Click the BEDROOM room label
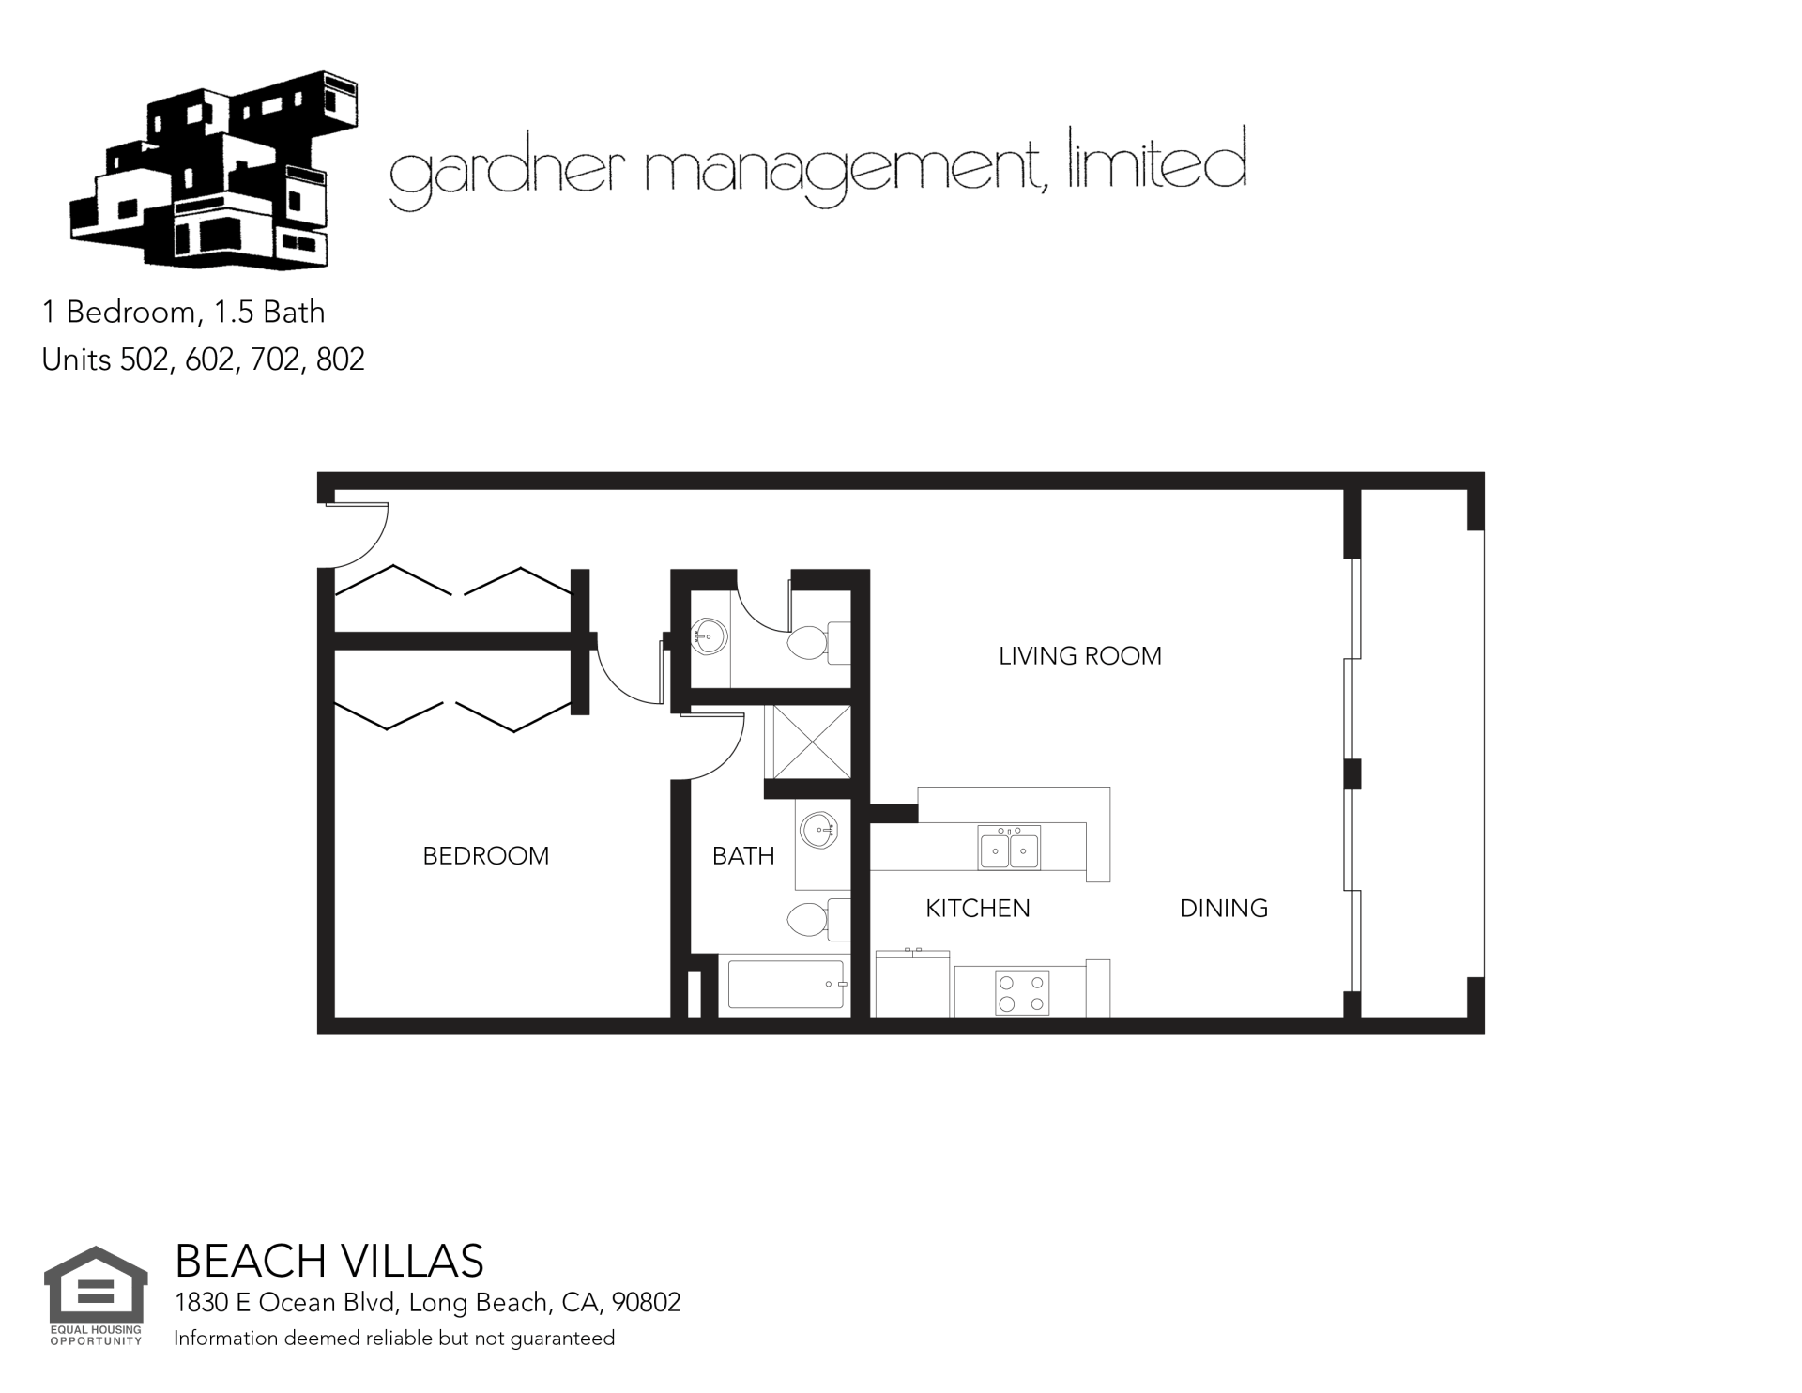[x=485, y=855]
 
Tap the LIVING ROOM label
[x=1080, y=655]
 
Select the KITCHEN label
[x=978, y=908]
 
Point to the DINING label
[x=1224, y=908]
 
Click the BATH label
[x=743, y=855]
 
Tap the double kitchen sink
[x=1009, y=849]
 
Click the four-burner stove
[x=1022, y=993]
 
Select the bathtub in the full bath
[x=786, y=985]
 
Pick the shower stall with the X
[x=808, y=742]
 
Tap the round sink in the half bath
[x=709, y=636]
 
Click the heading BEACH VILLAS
[x=329, y=1261]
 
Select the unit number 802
[x=341, y=360]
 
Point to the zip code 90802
[x=646, y=1303]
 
